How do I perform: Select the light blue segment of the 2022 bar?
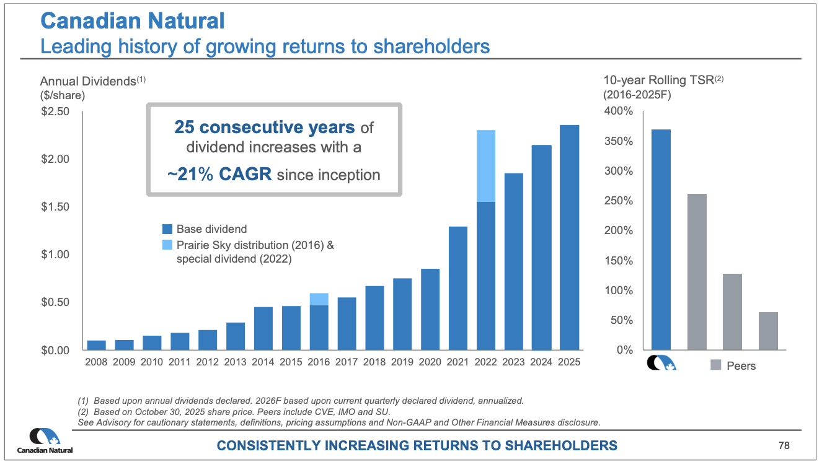coord(486,166)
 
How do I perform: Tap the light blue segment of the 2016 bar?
coord(319,299)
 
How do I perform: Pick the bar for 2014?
coord(263,328)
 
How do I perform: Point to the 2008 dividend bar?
coord(96,345)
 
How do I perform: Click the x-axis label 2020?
coord(430,362)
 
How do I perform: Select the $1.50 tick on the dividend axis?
coord(55,207)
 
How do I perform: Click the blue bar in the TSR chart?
coord(661,240)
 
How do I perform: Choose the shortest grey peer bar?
coord(768,331)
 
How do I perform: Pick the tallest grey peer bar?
coord(697,272)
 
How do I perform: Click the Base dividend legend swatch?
coord(166,229)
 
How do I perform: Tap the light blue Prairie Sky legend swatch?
coord(166,245)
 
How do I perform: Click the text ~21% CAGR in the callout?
coord(219,174)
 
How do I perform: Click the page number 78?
coord(784,445)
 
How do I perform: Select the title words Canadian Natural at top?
coord(132,21)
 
